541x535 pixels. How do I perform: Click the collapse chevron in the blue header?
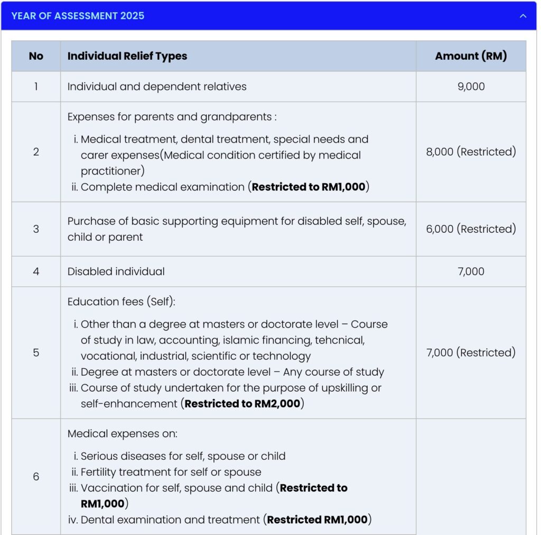[523, 16]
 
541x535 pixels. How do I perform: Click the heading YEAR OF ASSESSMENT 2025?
[78, 16]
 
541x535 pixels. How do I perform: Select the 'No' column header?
[36, 56]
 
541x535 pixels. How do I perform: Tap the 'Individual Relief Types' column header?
[127, 56]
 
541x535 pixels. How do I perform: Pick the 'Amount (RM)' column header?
[471, 56]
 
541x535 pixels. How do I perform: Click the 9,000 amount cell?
[471, 86]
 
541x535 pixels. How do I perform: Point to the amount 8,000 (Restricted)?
[471, 152]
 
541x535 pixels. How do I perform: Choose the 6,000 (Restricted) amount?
[471, 229]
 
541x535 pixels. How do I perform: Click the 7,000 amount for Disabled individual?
[471, 271]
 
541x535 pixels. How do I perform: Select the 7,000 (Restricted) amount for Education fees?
[471, 352]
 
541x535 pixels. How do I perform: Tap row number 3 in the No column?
[36, 229]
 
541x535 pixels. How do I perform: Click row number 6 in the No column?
[36, 477]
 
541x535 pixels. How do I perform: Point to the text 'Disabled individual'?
[116, 271]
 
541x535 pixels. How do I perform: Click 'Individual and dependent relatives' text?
[157, 86]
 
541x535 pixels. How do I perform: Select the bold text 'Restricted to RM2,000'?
[242, 404]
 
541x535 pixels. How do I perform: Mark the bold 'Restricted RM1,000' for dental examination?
[317, 520]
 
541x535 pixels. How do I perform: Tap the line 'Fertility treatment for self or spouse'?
[171, 472]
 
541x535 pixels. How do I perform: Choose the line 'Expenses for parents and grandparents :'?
[172, 117]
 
